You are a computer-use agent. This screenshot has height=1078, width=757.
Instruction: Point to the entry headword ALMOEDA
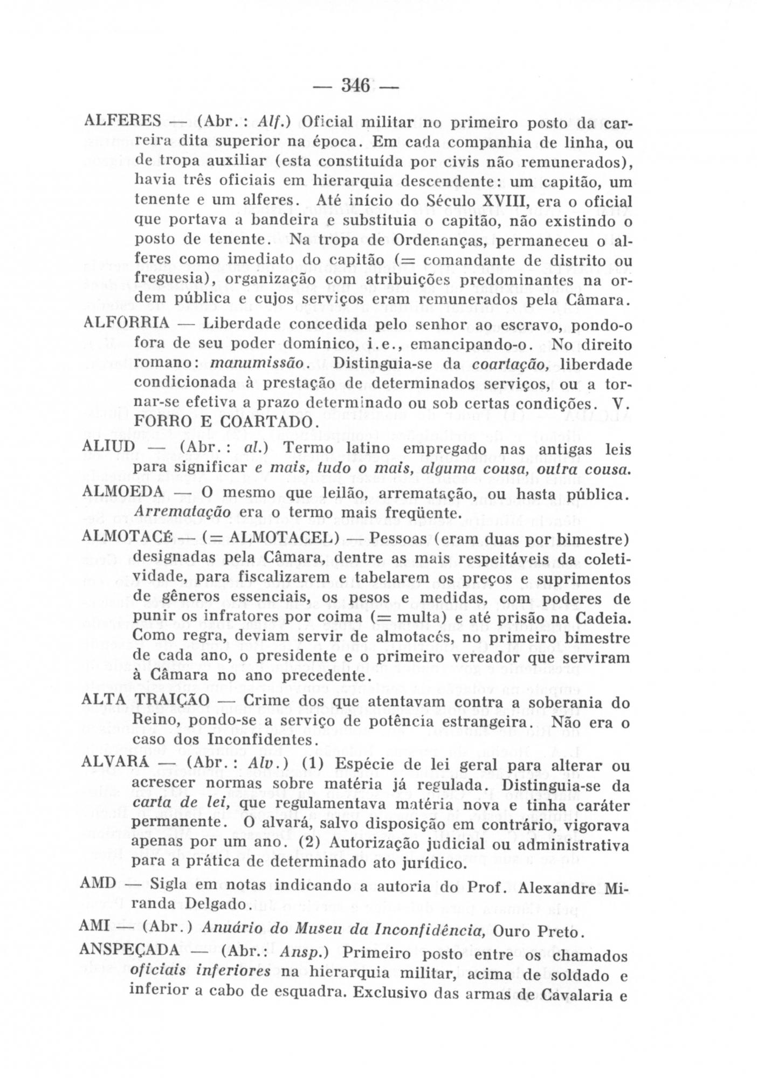(123, 492)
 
